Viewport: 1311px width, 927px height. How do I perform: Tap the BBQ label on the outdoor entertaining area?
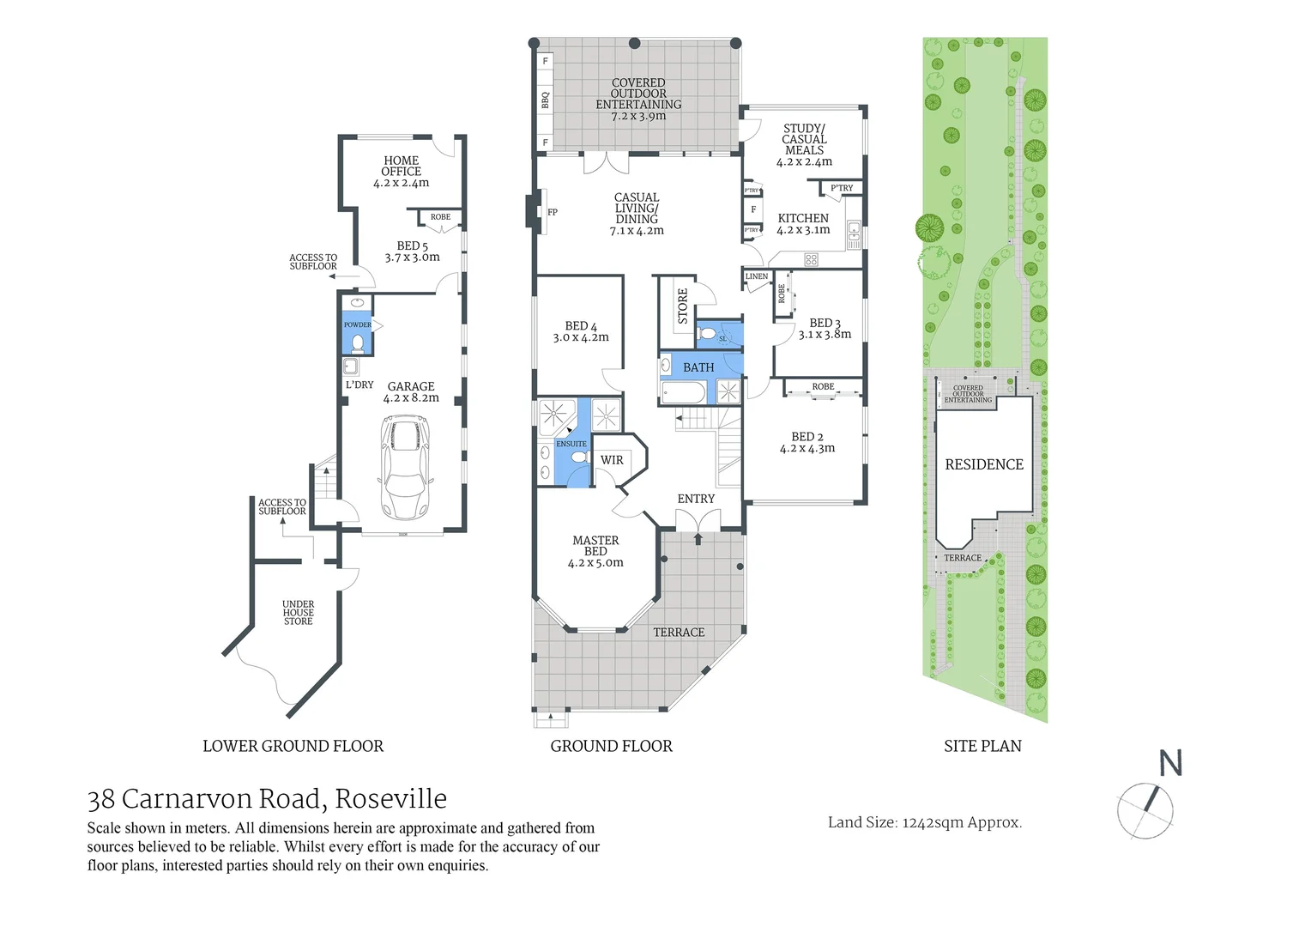545,100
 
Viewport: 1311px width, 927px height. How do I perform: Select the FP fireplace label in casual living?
553,212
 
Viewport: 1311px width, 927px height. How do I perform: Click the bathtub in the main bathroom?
684,392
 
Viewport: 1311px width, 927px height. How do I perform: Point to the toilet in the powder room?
358,343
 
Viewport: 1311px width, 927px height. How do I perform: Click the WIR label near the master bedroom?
612,460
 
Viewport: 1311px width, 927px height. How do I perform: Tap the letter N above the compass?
1170,763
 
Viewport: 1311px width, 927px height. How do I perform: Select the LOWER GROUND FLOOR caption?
293,746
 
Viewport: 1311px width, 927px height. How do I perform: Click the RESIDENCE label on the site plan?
984,464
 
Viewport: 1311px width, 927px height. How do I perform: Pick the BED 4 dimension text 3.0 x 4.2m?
581,337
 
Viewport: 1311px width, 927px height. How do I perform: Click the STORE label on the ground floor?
683,306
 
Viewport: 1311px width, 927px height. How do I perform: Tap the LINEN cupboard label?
757,276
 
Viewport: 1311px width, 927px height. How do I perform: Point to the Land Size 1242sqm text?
924,822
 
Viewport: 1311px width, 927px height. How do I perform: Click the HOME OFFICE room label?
401,166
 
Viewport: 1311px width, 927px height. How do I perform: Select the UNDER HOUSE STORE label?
299,613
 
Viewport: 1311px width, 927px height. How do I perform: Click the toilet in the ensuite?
579,458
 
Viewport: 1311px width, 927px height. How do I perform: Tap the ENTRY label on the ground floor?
696,499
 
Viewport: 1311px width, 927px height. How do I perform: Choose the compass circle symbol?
1145,811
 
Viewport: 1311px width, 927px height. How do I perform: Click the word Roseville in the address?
390,798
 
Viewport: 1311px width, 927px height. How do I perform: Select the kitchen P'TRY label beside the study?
842,188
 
